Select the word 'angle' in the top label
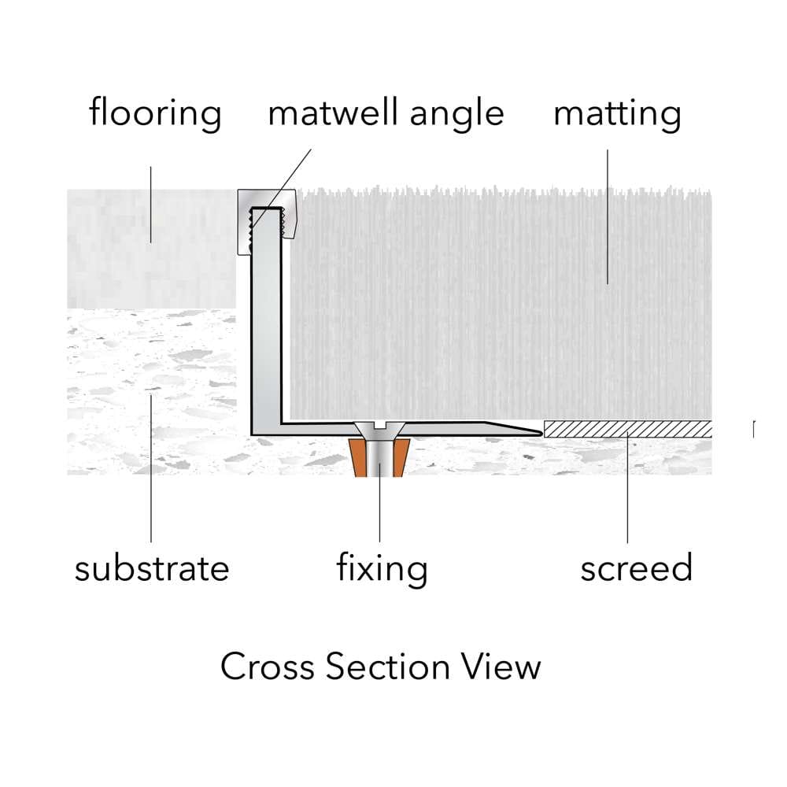tap(456, 114)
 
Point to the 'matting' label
tap(617, 115)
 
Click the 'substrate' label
tap(152, 568)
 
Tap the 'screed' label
tap(637, 567)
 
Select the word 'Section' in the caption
tap(388, 667)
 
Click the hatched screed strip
tap(628, 429)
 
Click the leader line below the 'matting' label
tap(608, 217)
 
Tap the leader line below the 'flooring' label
tap(150, 205)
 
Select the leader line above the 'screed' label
tap(627, 487)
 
